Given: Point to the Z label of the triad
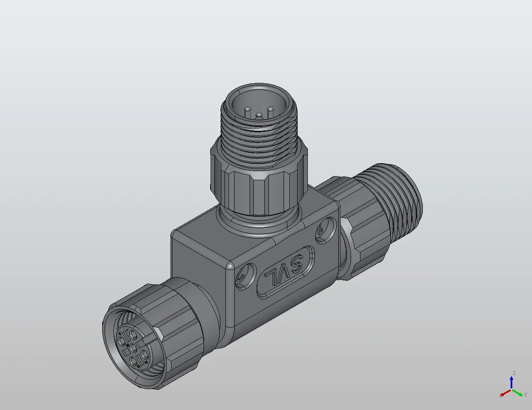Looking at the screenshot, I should click(514, 373).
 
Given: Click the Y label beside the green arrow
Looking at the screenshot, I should click(525, 395).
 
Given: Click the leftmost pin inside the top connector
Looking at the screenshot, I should click(248, 110).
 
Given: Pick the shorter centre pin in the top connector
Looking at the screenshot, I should click(259, 116).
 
